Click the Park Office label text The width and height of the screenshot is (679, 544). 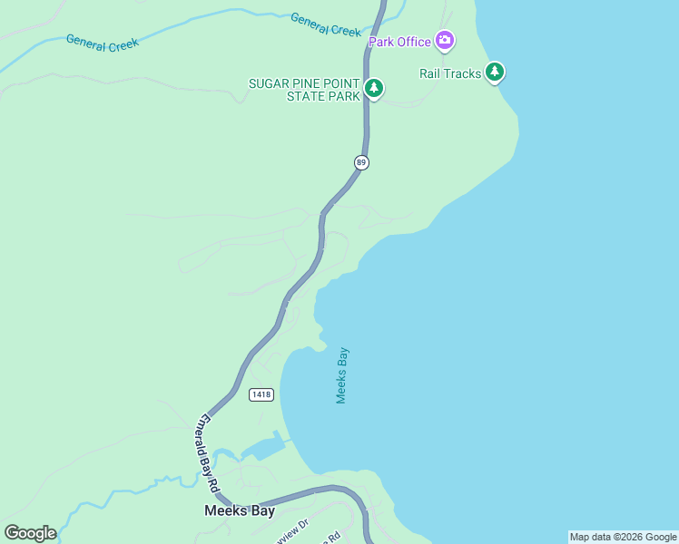pyautogui.click(x=399, y=42)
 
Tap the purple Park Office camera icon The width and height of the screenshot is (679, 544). pyautogui.click(x=445, y=40)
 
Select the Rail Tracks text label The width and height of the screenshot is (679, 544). pyautogui.click(x=450, y=73)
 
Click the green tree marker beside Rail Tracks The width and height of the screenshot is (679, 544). pyautogui.click(x=494, y=72)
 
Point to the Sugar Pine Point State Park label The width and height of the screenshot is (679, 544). pyautogui.click(x=304, y=90)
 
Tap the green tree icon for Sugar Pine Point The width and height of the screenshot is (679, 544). pyautogui.click(x=373, y=88)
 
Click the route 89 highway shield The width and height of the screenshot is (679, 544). pyautogui.click(x=361, y=162)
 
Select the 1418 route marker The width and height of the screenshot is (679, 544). pyautogui.click(x=261, y=394)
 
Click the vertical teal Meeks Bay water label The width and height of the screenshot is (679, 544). pyautogui.click(x=342, y=374)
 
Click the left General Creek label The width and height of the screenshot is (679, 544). pyautogui.click(x=102, y=44)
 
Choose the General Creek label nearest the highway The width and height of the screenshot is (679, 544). pyautogui.click(x=326, y=24)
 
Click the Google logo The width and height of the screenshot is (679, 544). pyautogui.click(x=30, y=533)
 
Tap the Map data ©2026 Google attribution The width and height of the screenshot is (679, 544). pyautogui.click(x=623, y=537)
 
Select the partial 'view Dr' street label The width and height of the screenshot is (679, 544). pyautogui.click(x=293, y=528)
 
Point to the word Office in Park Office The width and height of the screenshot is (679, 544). pyautogui.click(x=413, y=42)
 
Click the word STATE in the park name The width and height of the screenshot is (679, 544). pyautogui.click(x=305, y=96)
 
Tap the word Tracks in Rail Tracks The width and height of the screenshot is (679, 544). pyautogui.click(x=463, y=73)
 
